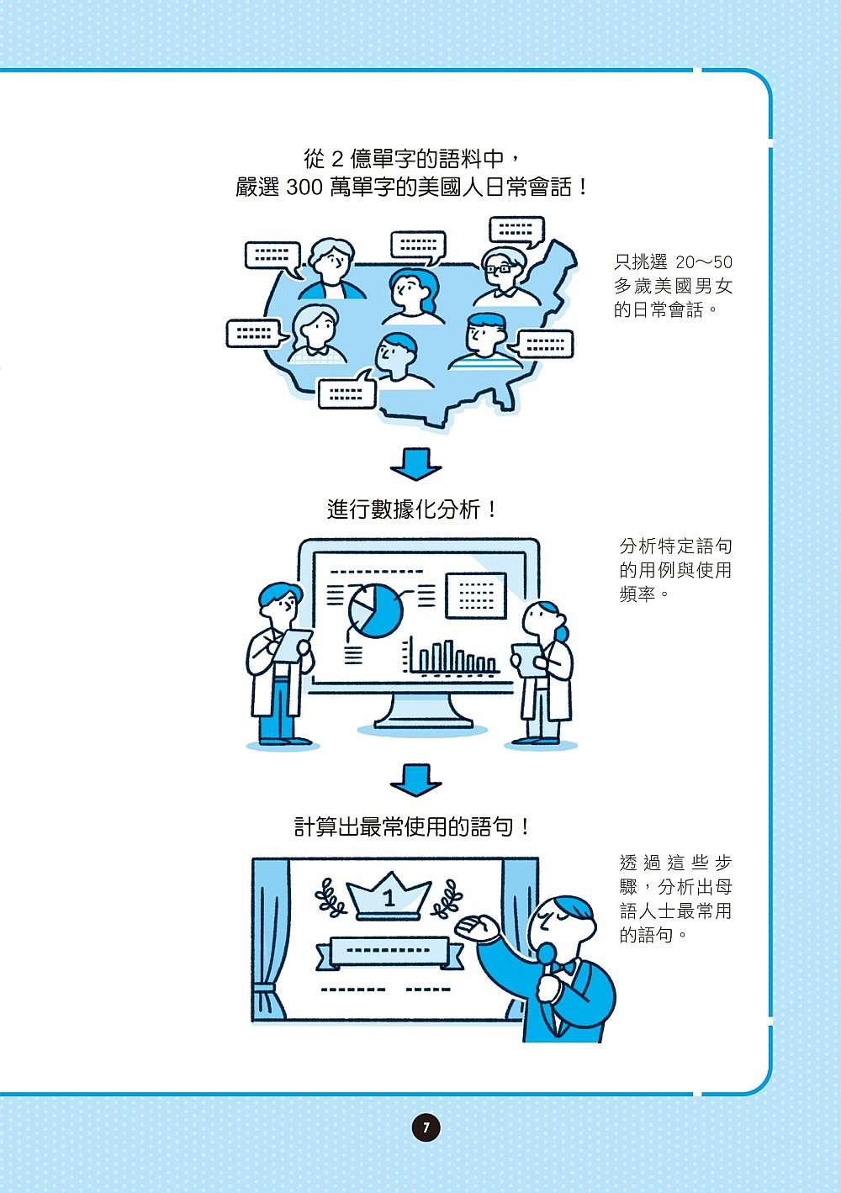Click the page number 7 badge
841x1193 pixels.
[426, 1127]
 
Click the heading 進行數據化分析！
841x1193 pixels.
[412, 509]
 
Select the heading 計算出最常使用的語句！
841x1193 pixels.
[412, 827]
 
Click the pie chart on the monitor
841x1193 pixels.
[376, 610]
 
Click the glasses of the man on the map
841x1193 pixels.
[501, 268]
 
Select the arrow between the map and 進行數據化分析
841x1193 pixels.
[415, 463]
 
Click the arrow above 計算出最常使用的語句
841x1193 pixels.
[415, 780]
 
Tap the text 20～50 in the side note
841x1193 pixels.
[704, 262]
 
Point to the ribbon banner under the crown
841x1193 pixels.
[389, 952]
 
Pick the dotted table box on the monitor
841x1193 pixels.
[476, 595]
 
